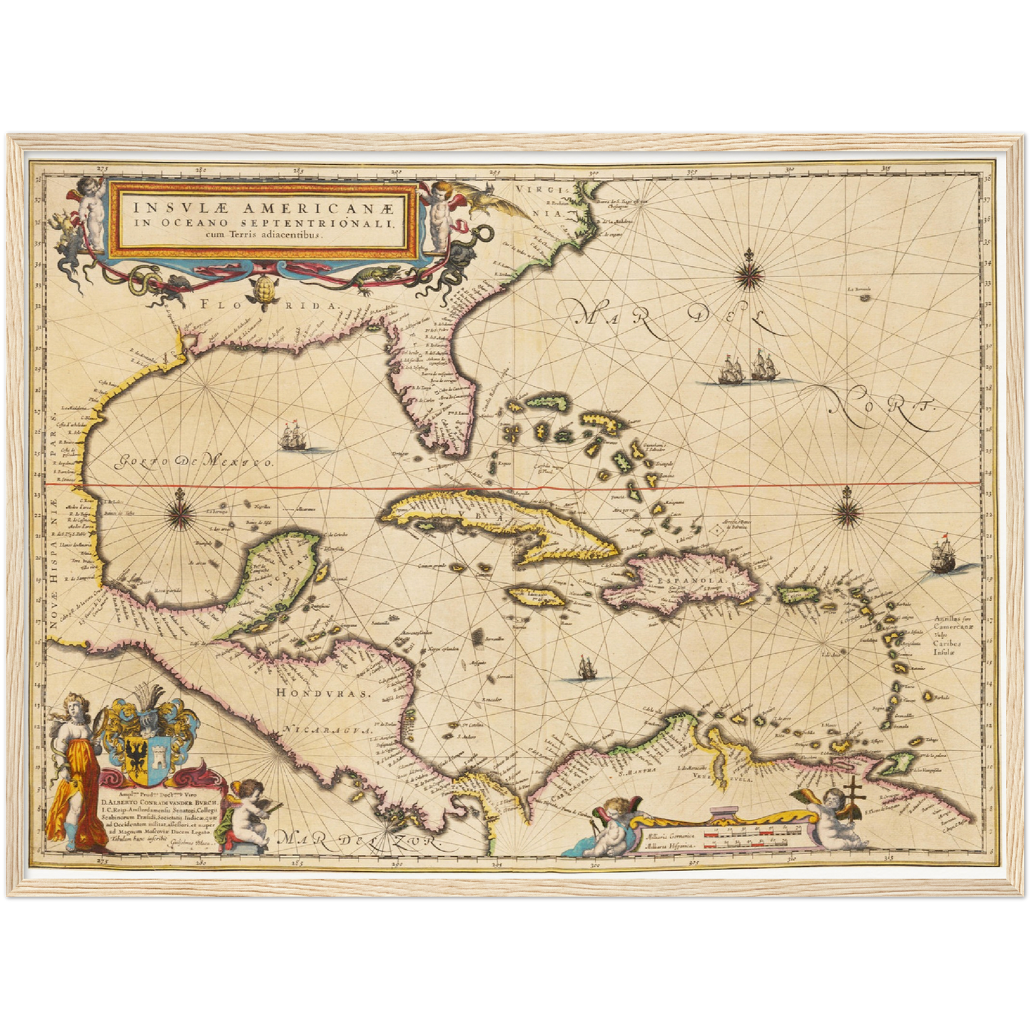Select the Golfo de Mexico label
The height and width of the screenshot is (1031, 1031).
194,462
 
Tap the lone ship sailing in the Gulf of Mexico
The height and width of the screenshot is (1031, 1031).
294,437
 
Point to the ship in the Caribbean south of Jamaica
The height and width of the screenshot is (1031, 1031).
586,668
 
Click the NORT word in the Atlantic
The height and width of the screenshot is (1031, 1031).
883,410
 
